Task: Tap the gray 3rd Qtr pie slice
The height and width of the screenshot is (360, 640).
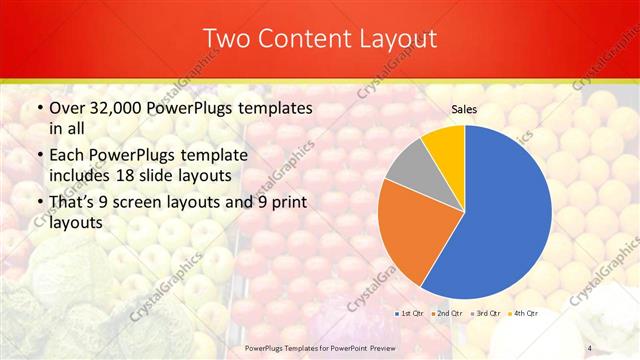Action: tap(409, 165)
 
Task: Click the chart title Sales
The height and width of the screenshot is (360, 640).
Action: tap(464, 108)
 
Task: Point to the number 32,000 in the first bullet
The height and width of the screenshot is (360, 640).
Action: tap(121, 107)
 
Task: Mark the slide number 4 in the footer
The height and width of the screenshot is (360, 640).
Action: tap(590, 347)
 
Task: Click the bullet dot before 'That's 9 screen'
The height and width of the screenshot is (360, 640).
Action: tap(38, 204)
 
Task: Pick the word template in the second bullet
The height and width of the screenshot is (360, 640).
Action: tap(233, 156)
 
